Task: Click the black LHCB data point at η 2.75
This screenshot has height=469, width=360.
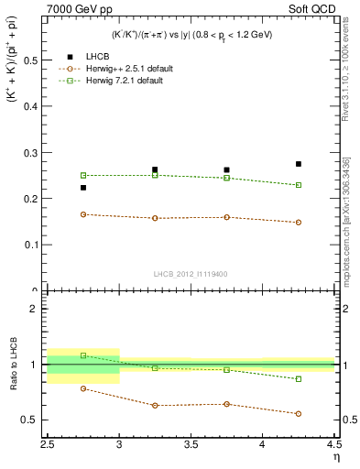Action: (83, 188)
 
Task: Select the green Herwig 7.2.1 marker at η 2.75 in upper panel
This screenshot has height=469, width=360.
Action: (83, 175)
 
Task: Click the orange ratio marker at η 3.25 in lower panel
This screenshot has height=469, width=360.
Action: (155, 405)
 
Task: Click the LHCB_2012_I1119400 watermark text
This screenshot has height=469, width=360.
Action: (191, 273)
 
